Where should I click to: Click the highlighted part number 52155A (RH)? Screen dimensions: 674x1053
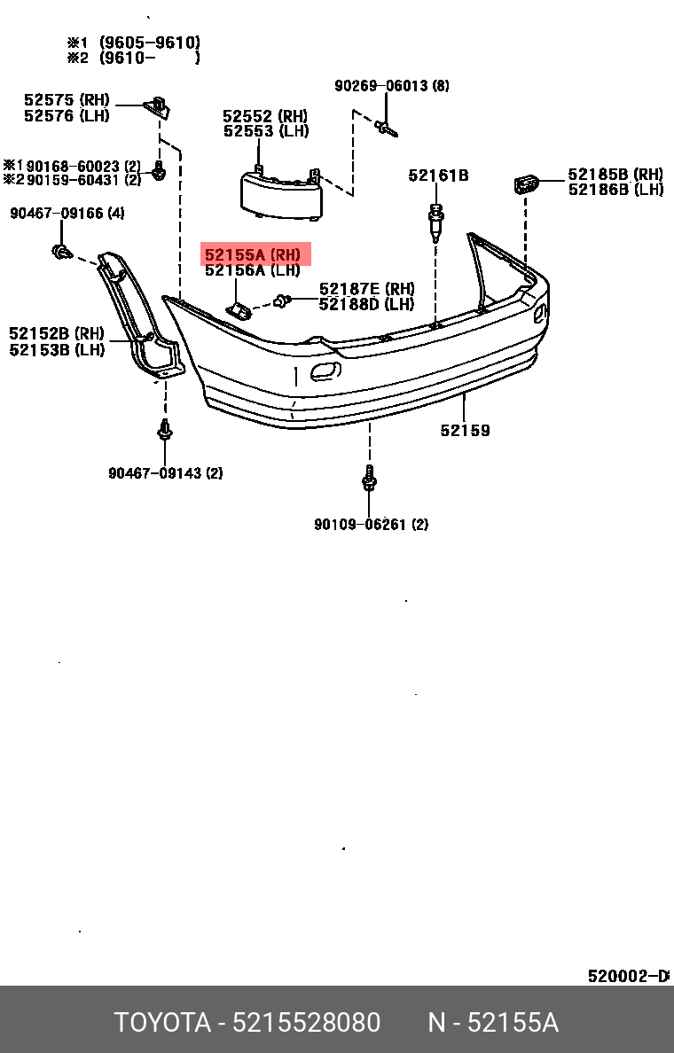253,255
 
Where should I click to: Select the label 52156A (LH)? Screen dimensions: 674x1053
253,271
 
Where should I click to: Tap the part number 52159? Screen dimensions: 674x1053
465,431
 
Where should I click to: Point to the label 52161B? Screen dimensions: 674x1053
438,175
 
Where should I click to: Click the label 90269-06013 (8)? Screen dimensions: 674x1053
391,86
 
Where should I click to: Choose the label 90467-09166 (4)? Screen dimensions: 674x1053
67,214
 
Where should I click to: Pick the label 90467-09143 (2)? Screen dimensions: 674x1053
166,473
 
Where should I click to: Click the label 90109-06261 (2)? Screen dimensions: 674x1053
371,525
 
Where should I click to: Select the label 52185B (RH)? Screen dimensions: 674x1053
615,175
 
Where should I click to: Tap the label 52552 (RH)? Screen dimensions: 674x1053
265,116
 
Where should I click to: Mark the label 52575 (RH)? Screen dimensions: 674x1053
67,100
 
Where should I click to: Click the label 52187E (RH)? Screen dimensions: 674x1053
366,289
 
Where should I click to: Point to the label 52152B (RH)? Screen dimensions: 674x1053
57,334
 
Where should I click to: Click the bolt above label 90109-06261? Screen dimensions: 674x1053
370,480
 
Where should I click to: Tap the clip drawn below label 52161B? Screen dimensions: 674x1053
436,222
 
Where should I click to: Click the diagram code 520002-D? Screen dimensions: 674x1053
627,976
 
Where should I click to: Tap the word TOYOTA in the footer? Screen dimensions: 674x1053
161,1023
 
